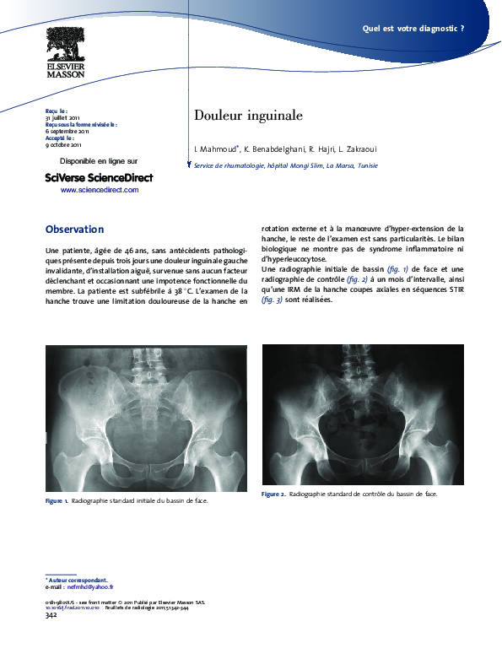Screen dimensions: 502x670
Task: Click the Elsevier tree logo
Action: (x=65, y=42)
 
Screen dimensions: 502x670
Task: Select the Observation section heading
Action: (x=74, y=230)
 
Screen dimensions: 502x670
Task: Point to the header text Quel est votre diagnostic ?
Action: (x=413, y=28)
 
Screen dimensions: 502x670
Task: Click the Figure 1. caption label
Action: (x=57, y=501)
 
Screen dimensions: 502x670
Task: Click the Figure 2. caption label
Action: (x=273, y=494)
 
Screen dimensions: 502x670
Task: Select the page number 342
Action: (x=51, y=615)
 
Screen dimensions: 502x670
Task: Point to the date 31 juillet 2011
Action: (x=62, y=117)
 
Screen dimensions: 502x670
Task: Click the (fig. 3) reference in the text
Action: (x=272, y=300)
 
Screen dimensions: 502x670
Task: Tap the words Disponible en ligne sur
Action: (x=99, y=160)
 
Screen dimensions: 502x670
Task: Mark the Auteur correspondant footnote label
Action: (x=77, y=581)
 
